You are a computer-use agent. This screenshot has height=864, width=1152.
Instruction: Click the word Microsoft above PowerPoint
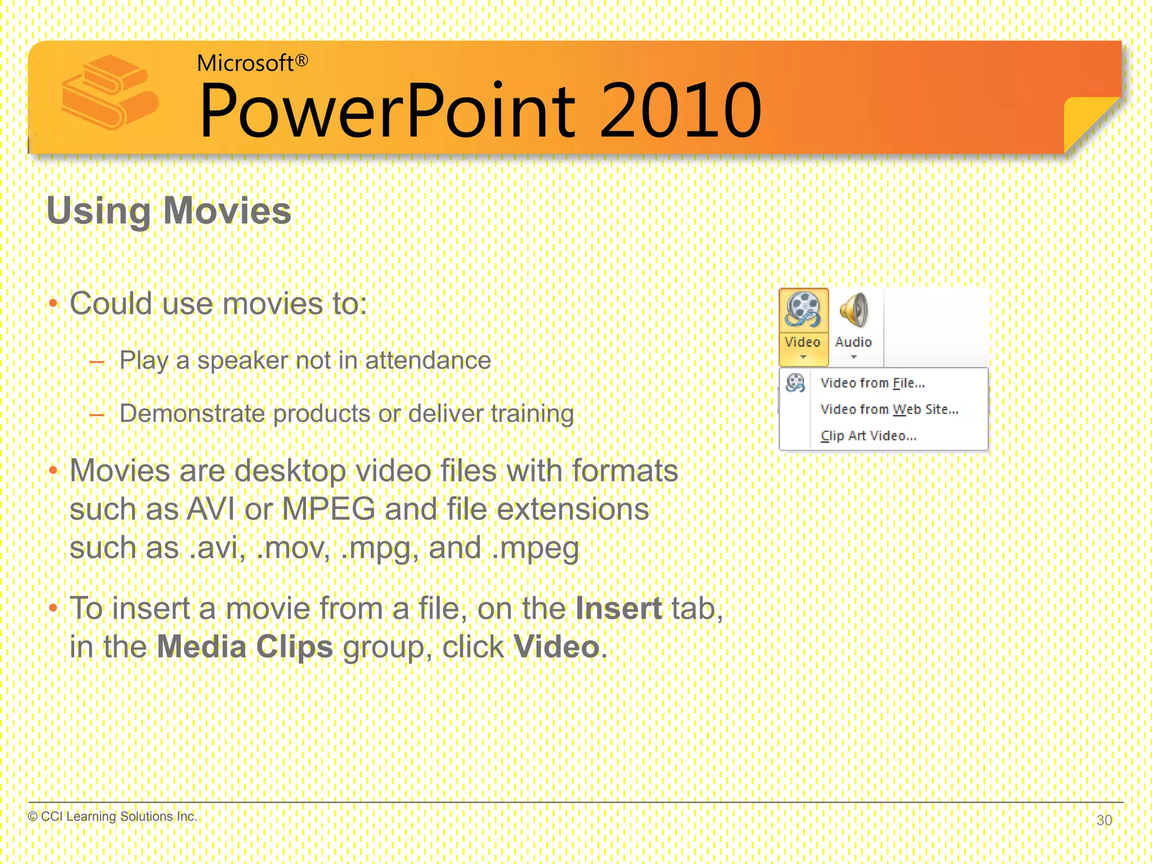[x=245, y=63]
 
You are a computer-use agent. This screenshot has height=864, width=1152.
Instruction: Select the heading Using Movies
[x=169, y=211]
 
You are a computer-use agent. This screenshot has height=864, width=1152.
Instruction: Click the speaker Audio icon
[x=853, y=310]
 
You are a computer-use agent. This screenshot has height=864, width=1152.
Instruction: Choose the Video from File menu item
[x=872, y=383]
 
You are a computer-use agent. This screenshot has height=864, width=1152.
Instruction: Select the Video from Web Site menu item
[x=889, y=409]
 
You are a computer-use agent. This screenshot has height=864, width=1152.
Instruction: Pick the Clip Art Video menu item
[x=868, y=436]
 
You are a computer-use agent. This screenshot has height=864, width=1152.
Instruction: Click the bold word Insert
[x=619, y=609]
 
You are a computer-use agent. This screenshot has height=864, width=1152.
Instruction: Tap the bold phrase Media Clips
[x=245, y=647]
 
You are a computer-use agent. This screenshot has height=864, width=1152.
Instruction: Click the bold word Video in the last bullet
[x=556, y=647]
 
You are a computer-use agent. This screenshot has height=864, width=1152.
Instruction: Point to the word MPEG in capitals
[x=328, y=510]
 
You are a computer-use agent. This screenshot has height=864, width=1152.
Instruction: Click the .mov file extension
[x=292, y=548]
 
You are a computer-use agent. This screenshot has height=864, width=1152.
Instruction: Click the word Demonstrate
[x=192, y=414]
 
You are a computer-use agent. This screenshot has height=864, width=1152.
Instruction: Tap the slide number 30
[x=1104, y=820]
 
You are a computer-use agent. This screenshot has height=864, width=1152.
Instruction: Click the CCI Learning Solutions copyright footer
[x=112, y=816]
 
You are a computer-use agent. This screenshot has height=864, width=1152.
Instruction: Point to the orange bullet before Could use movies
[x=53, y=304]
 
